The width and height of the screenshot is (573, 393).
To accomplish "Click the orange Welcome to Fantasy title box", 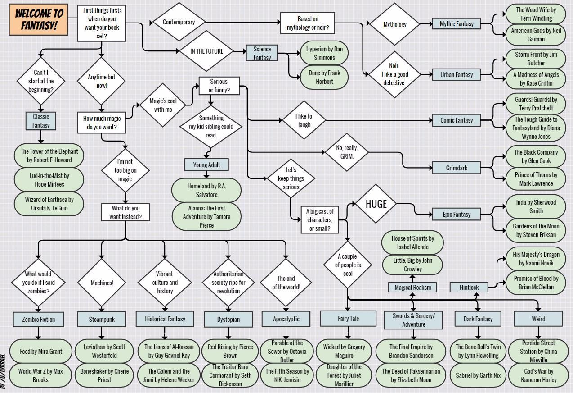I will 39,21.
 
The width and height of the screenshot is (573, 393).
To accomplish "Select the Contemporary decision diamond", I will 179,22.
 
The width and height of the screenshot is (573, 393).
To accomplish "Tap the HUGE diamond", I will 376,204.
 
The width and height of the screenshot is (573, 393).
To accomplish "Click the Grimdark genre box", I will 456,168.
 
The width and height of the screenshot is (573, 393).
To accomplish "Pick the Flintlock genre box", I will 469,287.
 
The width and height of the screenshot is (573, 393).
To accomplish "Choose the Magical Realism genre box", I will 412,287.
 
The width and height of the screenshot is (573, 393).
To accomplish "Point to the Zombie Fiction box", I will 39,319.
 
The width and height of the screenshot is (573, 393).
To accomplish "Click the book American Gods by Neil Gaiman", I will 536,35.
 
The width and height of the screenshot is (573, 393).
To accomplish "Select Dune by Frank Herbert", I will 324,77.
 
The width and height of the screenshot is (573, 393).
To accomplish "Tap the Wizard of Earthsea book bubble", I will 49,204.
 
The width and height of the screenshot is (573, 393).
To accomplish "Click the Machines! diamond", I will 102,283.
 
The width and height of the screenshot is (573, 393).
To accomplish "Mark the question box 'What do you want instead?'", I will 125,212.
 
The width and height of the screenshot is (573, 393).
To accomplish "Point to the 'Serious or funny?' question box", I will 219,86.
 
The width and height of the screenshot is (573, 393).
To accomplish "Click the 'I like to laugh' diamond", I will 304,120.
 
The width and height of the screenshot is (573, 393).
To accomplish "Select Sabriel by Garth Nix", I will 478,375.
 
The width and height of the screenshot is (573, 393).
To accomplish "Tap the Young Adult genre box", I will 206,165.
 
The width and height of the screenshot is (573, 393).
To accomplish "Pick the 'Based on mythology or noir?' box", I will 308,23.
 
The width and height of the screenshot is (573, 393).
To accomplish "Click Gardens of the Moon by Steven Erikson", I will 536,230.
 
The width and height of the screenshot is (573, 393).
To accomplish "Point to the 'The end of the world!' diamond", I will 286,283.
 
